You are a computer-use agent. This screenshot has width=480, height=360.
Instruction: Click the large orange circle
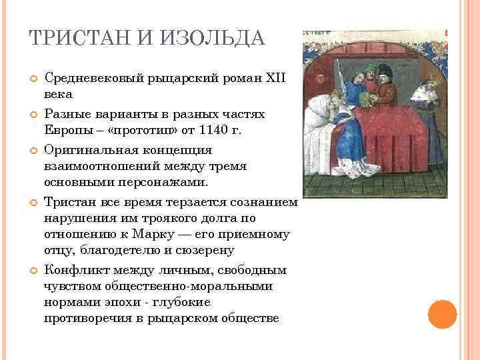pos(441,314)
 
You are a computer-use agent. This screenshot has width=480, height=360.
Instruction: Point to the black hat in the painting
pos(385,69)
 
